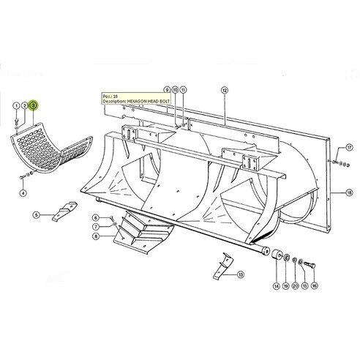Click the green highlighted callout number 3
(x=32, y=106)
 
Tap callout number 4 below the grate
(x=22, y=193)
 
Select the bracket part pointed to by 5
(x=65, y=212)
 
